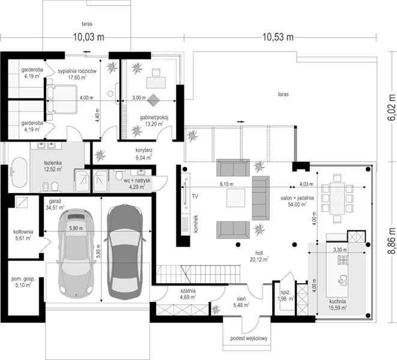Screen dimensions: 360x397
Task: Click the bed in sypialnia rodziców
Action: tap(62, 100)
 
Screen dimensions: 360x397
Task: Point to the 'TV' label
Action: tap(195, 196)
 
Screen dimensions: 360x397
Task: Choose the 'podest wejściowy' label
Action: tap(248, 340)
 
